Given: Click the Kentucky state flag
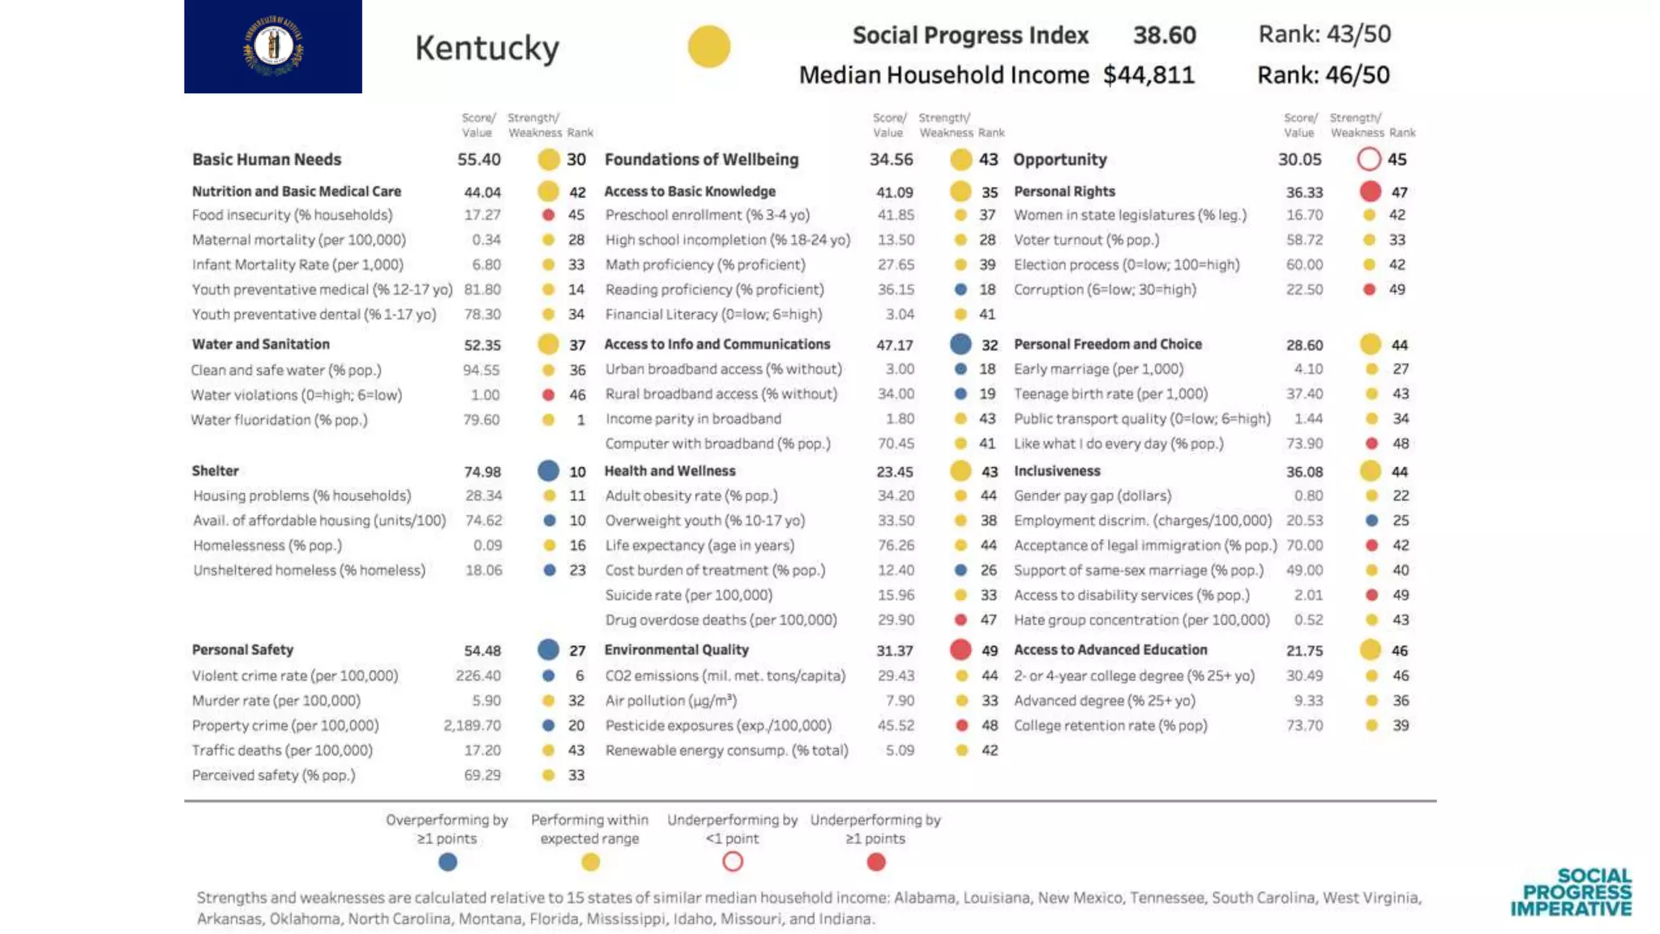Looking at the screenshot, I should pos(272,46).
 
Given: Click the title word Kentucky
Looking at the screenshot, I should pos(486,48).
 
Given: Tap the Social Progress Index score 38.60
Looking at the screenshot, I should pos(1164,35).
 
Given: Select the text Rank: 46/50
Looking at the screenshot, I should pos(1323,75).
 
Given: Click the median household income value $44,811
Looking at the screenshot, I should pos(1149,75).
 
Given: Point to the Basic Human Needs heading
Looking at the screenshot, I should pos(267,160).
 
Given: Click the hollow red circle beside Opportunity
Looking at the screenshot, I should pos(1368,159).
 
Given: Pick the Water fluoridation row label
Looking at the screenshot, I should pos(279,420).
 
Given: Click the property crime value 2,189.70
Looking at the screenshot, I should pos(472,726).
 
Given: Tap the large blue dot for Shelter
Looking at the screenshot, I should pos(548,471).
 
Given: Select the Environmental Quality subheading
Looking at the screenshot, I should pos(676,650).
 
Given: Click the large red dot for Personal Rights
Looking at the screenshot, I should pos(1370,191).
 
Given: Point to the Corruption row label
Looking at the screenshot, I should pos(1104,289).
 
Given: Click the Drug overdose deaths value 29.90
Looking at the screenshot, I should pos(896,620).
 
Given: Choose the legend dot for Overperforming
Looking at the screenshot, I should pos(447,862).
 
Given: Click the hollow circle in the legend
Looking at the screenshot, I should pos(732,862).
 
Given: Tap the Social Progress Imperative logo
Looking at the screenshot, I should pos(1571,892).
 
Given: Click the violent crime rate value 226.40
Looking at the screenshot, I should pos(478,676).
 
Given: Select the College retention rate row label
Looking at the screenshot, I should pos(1110,726).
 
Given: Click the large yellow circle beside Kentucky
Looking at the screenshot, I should pos(708,46).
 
